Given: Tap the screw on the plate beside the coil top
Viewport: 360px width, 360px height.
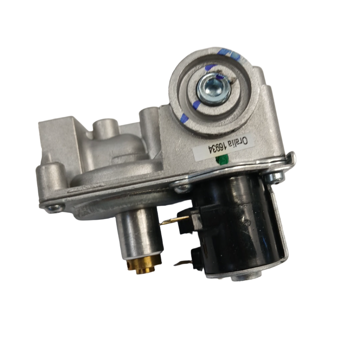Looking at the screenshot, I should click(x=182, y=189).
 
